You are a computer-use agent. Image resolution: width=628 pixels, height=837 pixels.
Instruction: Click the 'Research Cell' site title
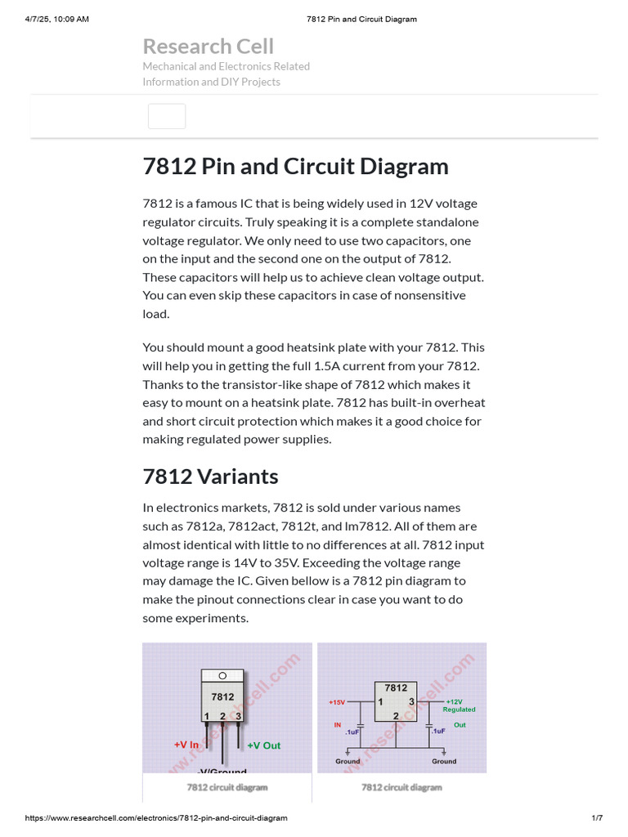[208, 47]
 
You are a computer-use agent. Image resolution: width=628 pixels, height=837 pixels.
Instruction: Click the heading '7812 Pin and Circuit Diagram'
[295, 167]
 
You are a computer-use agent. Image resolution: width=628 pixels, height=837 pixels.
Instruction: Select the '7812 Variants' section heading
[210, 477]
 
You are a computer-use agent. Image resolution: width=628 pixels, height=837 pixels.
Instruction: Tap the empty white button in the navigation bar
[167, 116]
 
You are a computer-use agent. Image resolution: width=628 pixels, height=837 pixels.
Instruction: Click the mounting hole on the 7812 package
[222, 676]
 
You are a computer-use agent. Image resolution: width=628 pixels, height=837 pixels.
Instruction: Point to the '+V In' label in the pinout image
[186, 745]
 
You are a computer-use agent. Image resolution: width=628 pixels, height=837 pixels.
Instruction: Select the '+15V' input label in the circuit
[337, 702]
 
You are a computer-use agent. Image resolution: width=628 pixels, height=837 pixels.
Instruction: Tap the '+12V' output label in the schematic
[455, 701]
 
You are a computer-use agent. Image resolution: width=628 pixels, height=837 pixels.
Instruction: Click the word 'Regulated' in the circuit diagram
[459, 709]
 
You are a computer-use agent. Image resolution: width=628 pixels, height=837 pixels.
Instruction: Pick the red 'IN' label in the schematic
[337, 724]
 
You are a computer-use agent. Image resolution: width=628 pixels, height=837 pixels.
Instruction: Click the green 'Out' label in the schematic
[460, 724]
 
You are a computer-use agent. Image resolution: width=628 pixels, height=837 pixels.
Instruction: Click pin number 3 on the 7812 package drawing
[238, 716]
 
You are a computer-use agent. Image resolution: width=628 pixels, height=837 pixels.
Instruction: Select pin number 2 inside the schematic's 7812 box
[396, 715]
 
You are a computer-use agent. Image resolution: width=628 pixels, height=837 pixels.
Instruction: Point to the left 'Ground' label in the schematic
[348, 761]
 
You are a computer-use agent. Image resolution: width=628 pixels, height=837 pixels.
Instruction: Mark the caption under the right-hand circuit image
[401, 787]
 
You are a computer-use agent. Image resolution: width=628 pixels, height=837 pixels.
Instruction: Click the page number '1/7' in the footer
[596, 818]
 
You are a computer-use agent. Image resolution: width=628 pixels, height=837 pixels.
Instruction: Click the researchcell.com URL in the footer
[156, 818]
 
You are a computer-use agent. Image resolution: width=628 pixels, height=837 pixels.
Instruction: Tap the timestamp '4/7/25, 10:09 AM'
[56, 19]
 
